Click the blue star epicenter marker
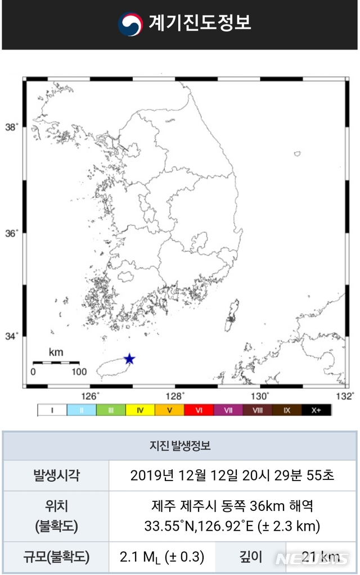coord(129,359)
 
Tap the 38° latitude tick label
coord(12,127)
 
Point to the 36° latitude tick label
coord(12,233)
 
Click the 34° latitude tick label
coord(12,336)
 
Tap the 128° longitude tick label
coord(175,395)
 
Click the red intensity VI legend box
coord(199,410)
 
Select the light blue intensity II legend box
coord(82,410)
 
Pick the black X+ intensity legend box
coord(317,410)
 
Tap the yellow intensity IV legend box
coord(140,410)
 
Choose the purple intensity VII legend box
coord(228,410)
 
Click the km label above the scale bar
coord(56,353)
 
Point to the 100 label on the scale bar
coord(79,372)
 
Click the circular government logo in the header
coord(130,24)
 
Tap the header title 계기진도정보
coord(200,24)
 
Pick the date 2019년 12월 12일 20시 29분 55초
coord(232,476)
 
